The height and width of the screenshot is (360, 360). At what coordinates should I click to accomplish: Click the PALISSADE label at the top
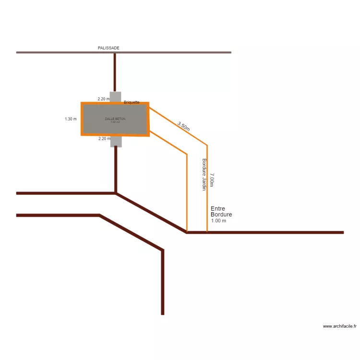[x=108, y=48]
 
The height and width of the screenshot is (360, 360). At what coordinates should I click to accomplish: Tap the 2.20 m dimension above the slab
[x=104, y=99]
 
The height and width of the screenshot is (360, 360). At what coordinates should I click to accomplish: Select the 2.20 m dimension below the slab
[x=104, y=139]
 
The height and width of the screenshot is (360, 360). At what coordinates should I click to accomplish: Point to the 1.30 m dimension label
[x=71, y=119]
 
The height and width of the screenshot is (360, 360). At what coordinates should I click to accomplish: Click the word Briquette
[x=132, y=102]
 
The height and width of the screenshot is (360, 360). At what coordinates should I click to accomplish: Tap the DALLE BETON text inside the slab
[x=115, y=118]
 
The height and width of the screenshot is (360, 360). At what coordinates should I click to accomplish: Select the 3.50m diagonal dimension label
[x=183, y=127]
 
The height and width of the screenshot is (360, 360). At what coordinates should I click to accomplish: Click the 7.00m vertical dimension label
[x=212, y=180]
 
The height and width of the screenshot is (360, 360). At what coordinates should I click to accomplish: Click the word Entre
[x=217, y=209]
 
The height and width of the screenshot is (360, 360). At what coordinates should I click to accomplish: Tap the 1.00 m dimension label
[x=218, y=221]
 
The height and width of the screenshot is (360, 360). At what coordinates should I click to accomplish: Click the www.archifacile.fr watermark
[x=340, y=326]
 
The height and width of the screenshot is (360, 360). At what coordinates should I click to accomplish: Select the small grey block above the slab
[x=115, y=96]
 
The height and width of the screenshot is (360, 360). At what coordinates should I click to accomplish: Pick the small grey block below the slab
[x=116, y=142]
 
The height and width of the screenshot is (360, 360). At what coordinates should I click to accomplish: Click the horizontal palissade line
[x=182, y=52]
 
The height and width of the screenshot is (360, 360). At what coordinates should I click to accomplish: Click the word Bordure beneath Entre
[x=221, y=215]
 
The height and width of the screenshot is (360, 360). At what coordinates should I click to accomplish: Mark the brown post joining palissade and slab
[x=115, y=72]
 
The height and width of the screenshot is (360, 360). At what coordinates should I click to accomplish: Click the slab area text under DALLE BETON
[x=115, y=122]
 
